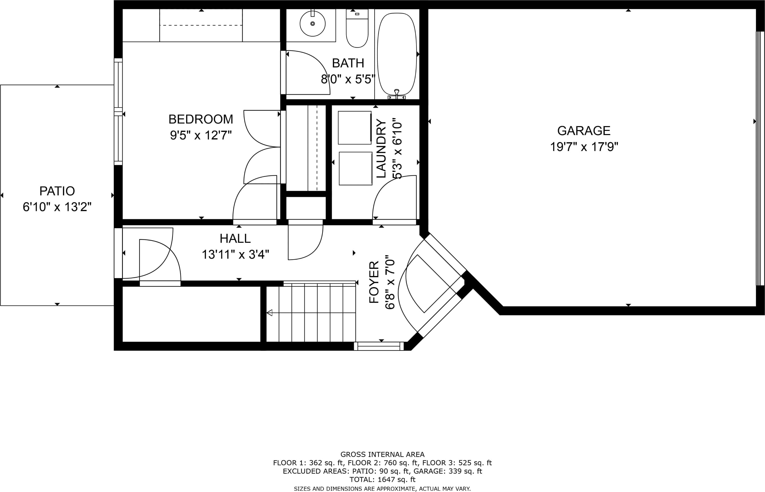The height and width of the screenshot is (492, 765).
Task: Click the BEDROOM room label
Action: pos(201,119)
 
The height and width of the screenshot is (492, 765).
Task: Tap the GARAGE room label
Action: pos(584,131)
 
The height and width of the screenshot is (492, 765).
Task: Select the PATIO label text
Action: pos(57,191)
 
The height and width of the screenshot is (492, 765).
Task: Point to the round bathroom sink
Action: pos(312,23)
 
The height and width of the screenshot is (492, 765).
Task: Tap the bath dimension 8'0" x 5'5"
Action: pos(348,79)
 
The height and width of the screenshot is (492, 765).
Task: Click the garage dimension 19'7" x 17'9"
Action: pos(584,147)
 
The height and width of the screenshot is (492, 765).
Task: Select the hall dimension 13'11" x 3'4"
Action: pos(235,255)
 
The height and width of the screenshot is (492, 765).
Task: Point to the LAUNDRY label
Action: pos(381,149)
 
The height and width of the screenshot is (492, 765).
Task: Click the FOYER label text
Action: pos(374,282)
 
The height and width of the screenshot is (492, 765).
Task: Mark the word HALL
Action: pos(235,238)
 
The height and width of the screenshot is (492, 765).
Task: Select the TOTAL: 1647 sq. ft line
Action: pos(382,479)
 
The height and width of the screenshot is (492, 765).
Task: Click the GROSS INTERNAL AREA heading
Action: pos(382,454)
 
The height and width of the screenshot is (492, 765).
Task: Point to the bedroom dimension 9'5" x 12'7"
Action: pos(201,135)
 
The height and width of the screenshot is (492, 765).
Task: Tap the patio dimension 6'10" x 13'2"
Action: pos(57,207)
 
